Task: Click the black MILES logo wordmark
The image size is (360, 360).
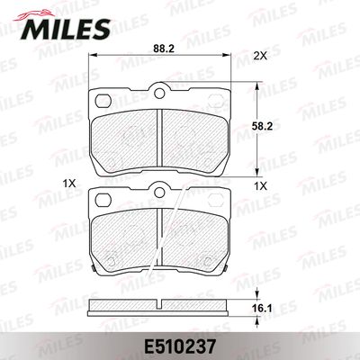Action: click(x=66, y=30)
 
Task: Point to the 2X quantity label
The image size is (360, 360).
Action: click(x=260, y=56)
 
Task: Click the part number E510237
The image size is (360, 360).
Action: click(x=180, y=347)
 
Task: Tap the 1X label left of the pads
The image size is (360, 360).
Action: click(x=68, y=184)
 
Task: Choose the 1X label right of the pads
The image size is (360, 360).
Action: click(x=260, y=186)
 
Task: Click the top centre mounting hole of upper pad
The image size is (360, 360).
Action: click(x=159, y=93)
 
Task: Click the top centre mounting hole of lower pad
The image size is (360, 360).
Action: click(x=159, y=192)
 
